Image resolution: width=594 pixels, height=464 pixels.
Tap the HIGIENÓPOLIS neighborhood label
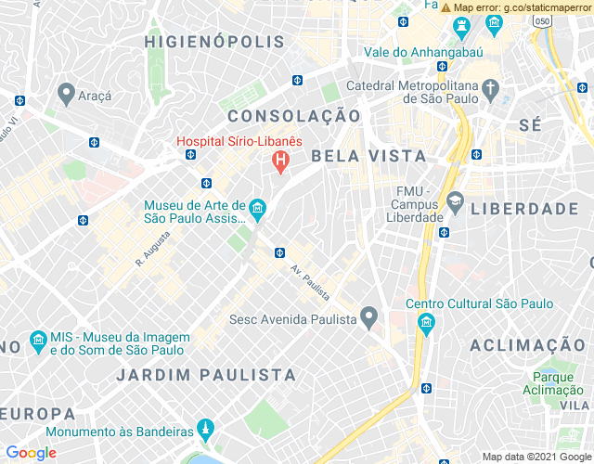[214, 42]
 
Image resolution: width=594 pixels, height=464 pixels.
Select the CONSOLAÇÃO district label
[294, 116]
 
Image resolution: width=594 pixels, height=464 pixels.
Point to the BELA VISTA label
[368, 156]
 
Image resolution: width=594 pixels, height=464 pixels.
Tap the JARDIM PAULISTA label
[206, 375]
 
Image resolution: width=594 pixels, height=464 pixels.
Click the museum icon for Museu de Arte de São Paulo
[257, 212]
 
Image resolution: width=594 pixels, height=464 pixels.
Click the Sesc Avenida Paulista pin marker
[369, 318]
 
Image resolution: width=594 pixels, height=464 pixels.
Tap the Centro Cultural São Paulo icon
[426, 324]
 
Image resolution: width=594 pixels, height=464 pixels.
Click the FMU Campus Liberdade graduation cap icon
[455, 201]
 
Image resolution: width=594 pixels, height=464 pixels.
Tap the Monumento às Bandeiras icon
[206, 431]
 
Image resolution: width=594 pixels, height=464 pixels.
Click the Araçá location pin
[66, 94]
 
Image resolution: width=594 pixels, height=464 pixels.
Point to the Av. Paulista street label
[309, 282]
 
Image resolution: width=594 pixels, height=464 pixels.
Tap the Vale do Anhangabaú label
[423, 52]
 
